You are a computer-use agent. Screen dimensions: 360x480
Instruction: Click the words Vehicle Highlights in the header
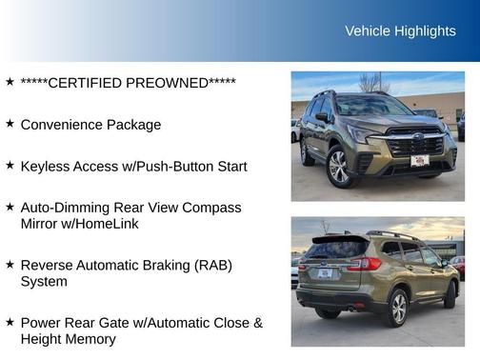[x=400, y=31]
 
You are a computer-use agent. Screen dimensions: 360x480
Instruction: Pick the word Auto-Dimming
[x=65, y=208]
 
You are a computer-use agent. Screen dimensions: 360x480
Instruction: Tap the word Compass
[x=214, y=208]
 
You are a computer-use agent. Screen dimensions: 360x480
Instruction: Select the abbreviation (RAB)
[x=209, y=266]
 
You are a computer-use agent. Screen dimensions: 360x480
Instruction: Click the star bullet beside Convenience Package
[x=10, y=124]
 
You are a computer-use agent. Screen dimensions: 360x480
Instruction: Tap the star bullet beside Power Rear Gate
[x=10, y=322]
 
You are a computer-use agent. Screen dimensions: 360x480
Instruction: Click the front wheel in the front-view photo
[x=339, y=168]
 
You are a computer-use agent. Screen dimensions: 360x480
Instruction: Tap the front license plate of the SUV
[x=418, y=162]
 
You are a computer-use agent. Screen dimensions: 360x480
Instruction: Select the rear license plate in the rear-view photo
[x=325, y=273]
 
